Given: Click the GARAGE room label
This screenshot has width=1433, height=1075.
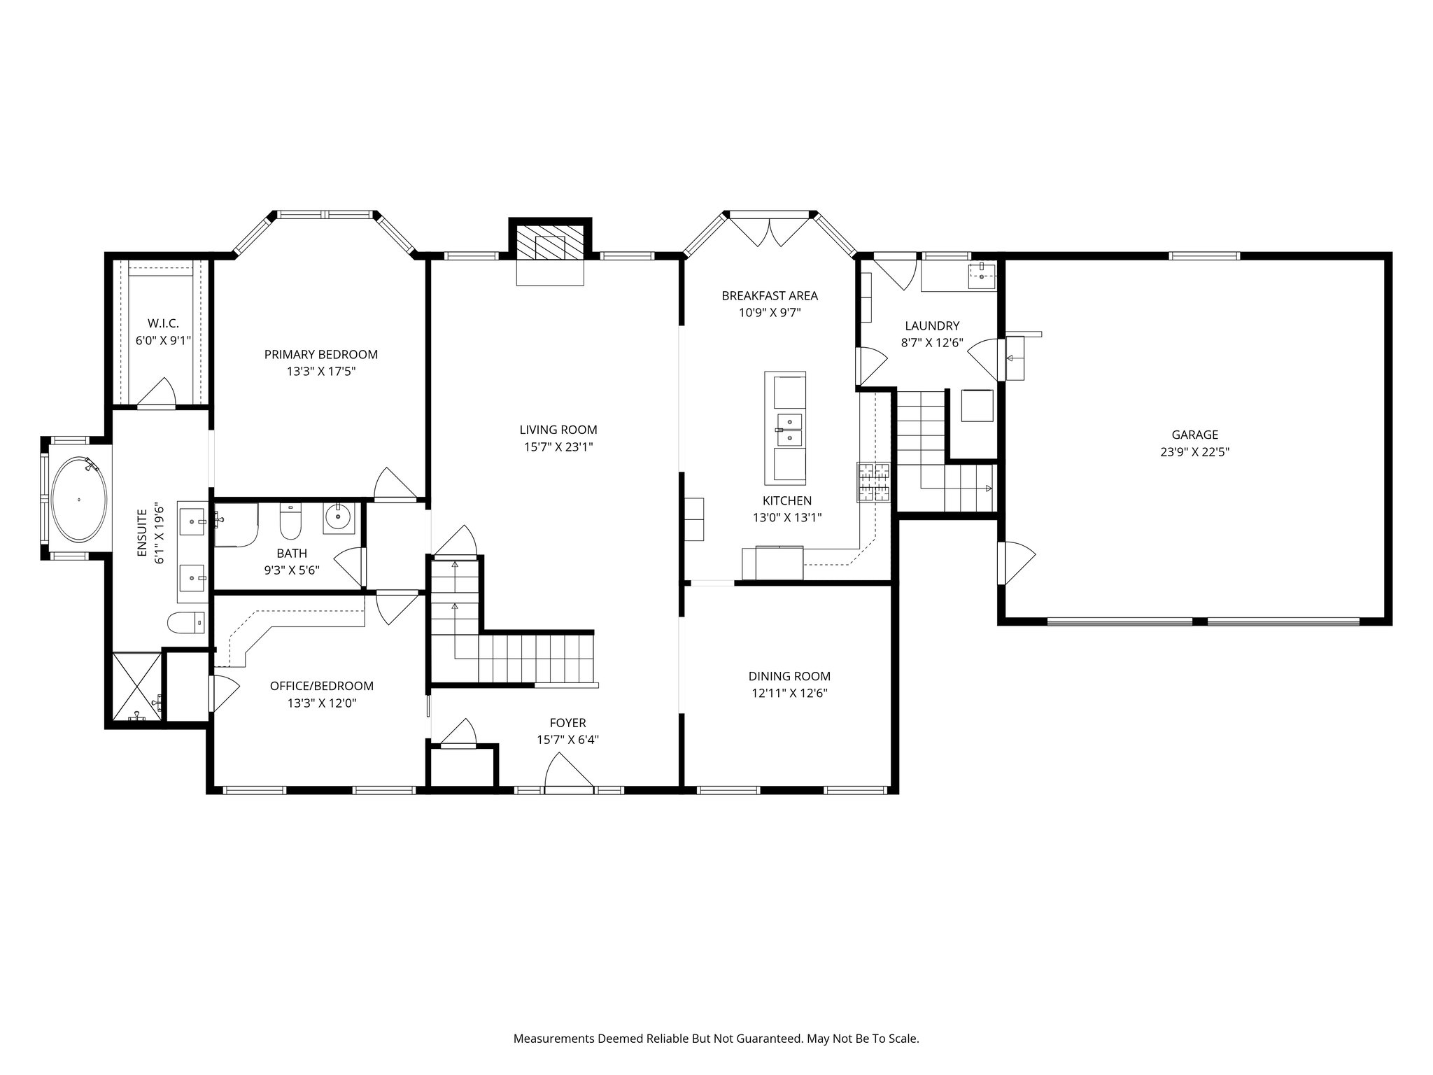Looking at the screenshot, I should [x=1194, y=435].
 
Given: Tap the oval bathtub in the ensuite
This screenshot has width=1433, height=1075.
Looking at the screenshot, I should [x=80, y=499].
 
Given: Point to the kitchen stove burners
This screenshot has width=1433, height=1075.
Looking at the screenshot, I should [x=874, y=482].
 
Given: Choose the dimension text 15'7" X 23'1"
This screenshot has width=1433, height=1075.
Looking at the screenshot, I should [x=558, y=447].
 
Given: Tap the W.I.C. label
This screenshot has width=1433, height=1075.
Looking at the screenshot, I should [x=163, y=323].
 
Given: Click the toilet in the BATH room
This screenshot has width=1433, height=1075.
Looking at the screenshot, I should [x=290, y=521].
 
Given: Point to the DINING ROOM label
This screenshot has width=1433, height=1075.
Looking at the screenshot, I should [x=789, y=676].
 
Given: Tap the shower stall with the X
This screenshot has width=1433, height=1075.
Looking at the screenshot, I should [x=136, y=686].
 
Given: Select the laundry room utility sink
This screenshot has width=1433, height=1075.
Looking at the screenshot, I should [x=982, y=276].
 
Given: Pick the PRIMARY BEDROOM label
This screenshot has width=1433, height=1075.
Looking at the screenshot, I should [x=320, y=354].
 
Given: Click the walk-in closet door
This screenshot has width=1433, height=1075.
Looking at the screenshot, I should [x=155, y=393].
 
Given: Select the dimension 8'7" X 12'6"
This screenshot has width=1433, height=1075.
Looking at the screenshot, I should [x=932, y=343].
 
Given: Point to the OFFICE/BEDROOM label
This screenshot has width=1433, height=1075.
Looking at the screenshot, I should [x=321, y=686].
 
